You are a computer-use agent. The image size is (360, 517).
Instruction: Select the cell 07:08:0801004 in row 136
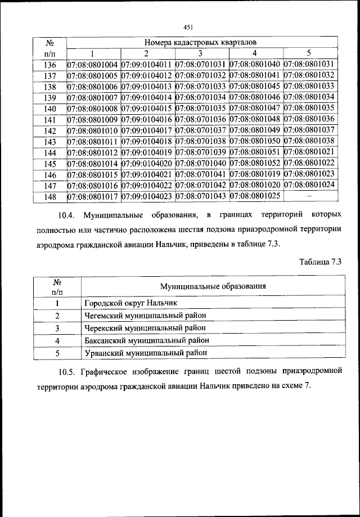(x=93, y=65)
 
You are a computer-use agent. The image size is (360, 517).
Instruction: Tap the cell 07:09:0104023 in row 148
(x=147, y=196)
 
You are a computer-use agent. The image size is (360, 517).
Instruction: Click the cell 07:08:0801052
(x=256, y=163)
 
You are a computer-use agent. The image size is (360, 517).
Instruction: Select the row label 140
(x=49, y=109)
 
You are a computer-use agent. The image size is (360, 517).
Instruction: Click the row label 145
(x=49, y=164)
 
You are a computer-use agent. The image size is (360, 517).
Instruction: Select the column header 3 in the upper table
(x=200, y=53)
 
